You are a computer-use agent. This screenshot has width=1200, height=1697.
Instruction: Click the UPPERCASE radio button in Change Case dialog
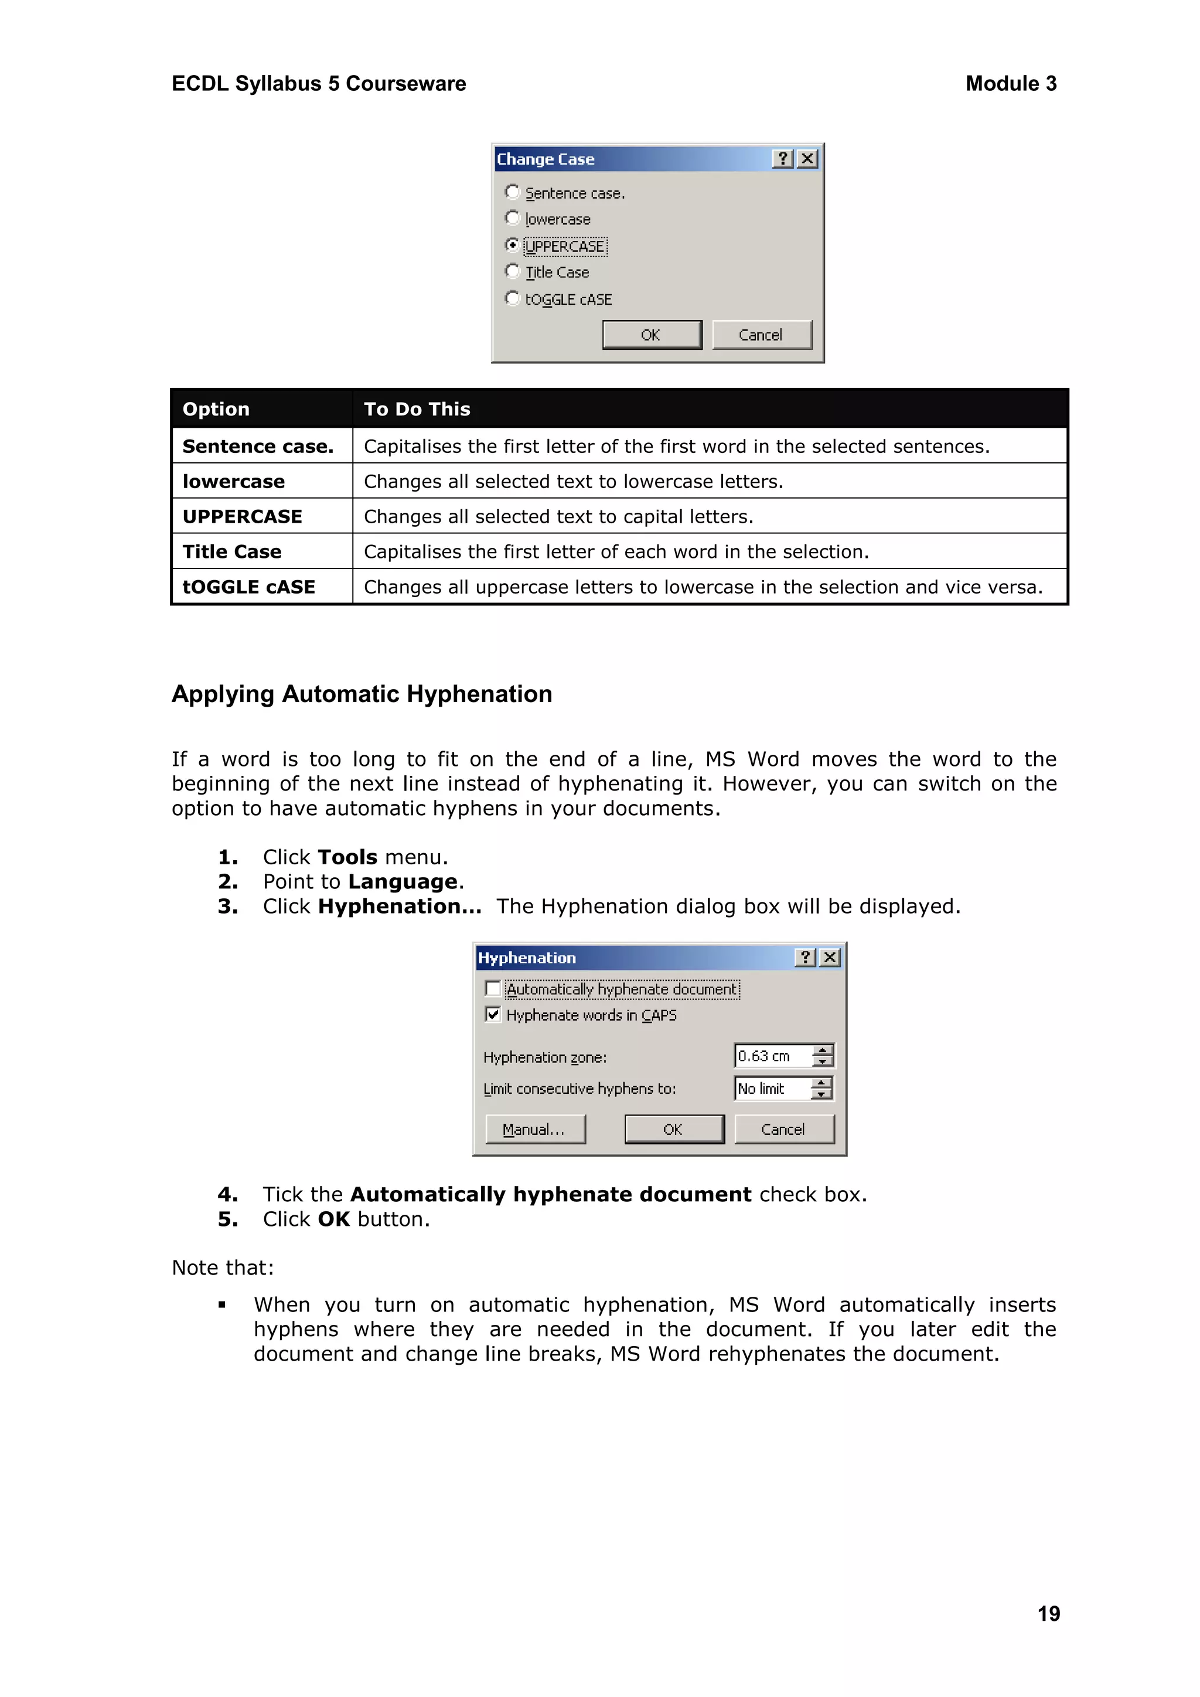[x=512, y=244]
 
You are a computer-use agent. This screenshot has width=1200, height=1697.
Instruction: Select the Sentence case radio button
[x=512, y=192]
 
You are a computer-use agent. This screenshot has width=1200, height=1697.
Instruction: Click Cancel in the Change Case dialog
[x=761, y=335]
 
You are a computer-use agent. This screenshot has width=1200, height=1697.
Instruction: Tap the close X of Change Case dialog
[x=807, y=159]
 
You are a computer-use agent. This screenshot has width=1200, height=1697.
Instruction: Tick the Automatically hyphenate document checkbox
[x=493, y=989]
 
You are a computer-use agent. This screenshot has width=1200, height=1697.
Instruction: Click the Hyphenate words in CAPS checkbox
[x=493, y=1015]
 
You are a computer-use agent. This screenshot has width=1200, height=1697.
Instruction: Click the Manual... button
[x=535, y=1129]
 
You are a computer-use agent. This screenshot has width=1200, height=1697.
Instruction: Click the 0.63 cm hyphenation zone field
[x=772, y=1056]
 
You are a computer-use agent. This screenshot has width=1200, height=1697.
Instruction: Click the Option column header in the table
[x=216, y=409]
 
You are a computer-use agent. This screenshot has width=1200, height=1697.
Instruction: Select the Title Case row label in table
[x=232, y=551]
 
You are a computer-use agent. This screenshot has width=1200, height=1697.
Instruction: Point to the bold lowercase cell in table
[x=234, y=481]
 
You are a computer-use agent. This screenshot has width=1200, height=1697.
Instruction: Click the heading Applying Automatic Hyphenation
[x=362, y=694]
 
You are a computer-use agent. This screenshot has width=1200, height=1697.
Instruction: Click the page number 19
[x=1048, y=1613]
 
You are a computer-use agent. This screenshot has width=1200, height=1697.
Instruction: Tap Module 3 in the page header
[x=1010, y=84]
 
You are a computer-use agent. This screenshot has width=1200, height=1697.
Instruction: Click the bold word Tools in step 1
[x=347, y=857]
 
